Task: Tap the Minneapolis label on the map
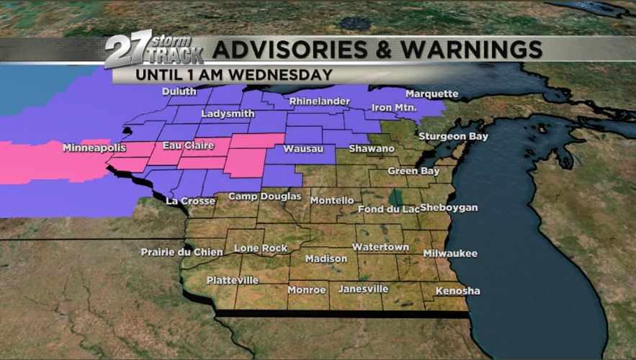[94, 148]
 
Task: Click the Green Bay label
[413, 171]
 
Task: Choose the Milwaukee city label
[450, 253]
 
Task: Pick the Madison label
[326, 258]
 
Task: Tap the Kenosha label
[457, 291]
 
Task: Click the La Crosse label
[190, 201]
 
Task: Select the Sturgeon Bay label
[454, 136]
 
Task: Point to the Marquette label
[431, 94]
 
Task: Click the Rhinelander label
[319, 102]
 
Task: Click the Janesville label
[363, 289]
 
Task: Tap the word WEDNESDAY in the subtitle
[292, 73]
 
